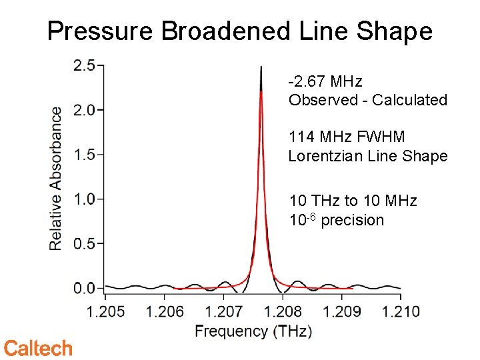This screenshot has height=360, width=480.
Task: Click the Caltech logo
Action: pyautogui.click(x=38, y=347)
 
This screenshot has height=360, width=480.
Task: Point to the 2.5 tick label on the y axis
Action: pyautogui.click(x=84, y=65)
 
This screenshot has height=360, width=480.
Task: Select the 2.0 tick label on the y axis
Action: pyautogui.click(x=84, y=110)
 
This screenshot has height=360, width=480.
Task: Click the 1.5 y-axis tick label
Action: pyautogui.click(x=84, y=155)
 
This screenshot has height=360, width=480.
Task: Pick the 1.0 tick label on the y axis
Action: pyautogui.click(x=84, y=199)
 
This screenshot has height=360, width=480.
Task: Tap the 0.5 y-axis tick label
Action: pyautogui.click(x=84, y=244)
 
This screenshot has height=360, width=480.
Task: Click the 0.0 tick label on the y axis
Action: pyautogui.click(x=84, y=289)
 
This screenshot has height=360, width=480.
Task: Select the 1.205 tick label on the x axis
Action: pyautogui.click(x=106, y=311)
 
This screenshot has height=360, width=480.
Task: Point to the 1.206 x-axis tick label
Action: pyautogui.click(x=165, y=311)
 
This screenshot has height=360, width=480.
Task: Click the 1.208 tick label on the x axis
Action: pyautogui.click(x=283, y=311)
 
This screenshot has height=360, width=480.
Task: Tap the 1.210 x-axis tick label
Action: pyautogui.click(x=401, y=311)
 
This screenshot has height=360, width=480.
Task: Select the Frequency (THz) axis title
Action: pyautogui.click(x=253, y=331)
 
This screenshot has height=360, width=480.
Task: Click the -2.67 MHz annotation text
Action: pyautogui.click(x=325, y=81)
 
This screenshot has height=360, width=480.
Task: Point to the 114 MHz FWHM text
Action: pyautogui.click(x=347, y=137)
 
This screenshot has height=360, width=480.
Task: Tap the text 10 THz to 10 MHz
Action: pyautogui.click(x=353, y=201)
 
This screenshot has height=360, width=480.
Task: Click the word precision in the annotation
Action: pyautogui.click(x=352, y=220)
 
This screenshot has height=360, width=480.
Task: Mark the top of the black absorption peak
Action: pyautogui.click(x=261, y=67)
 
